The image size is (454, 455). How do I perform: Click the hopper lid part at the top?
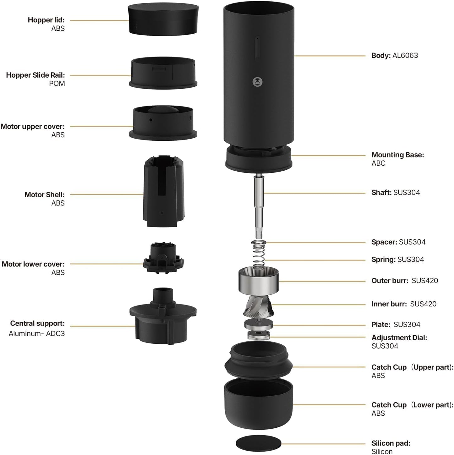pyautogui.click(x=163, y=19)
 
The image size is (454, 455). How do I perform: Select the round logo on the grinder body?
pyautogui.click(x=258, y=82)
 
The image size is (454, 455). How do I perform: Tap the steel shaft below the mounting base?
pyautogui.click(x=259, y=204)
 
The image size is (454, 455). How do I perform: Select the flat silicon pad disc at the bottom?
pyautogui.click(x=258, y=443)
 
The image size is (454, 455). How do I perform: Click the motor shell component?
pyautogui.click(x=163, y=192)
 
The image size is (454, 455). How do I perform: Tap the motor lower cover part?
pyautogui.click(x=163, y=258)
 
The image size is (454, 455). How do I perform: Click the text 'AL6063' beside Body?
pyautogui.click(x=405, y=56)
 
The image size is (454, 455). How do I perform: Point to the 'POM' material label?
pyautogui.click(x=57, y=84)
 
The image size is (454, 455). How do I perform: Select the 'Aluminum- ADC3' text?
pyautogui.click(x=37, y=334)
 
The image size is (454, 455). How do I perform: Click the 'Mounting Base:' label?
pyautogui.click(x=397, y=155)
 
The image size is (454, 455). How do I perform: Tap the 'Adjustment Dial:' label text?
pyautogui.click(x=399, y=338)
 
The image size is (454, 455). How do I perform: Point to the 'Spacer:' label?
pyautogui.click(x=384, y=242)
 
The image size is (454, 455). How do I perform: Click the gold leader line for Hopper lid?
pyautogui.click(x=99, y=20)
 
